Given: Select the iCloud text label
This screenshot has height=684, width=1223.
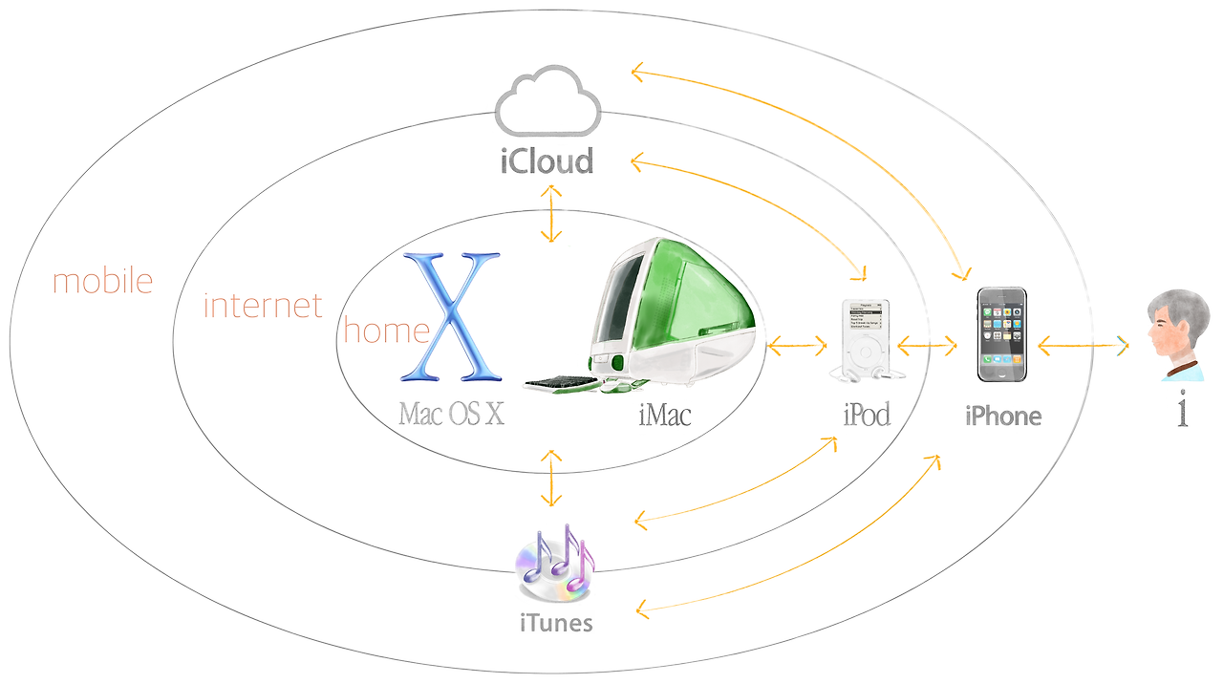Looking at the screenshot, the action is point(547,160).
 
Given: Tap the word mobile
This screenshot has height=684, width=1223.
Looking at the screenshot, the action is point(102,282).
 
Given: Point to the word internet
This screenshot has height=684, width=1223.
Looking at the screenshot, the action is point(263,306).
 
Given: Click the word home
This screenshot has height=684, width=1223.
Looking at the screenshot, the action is point(386,331).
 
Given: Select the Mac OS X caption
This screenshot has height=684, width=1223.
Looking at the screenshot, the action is point(451,414).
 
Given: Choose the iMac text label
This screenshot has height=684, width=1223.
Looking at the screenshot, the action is point(664,415).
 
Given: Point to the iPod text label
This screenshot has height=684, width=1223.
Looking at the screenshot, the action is point(867,415).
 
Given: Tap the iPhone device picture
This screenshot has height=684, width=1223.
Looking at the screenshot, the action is point(1001,334).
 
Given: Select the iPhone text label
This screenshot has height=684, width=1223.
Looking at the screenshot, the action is point(1002,417).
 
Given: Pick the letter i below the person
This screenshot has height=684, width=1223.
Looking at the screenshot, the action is point(1183,409).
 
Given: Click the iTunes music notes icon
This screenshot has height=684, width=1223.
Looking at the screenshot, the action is point(554,564).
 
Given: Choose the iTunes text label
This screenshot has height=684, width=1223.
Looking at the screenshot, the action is point(556,624).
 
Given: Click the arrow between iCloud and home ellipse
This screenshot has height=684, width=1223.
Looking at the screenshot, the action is point(550,213).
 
